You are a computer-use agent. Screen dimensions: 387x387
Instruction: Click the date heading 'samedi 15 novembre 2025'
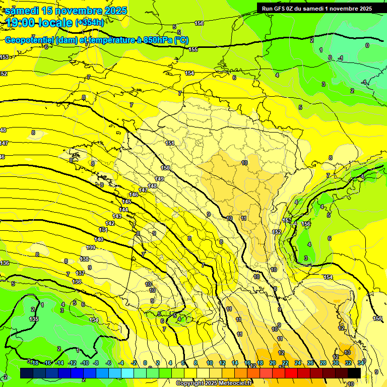coord(66,11)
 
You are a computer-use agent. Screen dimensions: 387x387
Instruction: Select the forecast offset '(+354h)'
coord(90,22)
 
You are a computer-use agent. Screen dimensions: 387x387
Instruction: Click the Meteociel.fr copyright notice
coord(214,383)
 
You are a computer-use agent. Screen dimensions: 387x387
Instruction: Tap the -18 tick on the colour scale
coord(34,363)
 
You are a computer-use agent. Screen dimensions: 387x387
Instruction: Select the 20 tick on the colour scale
coord(273,363)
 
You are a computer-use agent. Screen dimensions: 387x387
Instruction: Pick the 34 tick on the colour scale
coord(361,363)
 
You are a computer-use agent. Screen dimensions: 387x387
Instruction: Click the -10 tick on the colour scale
coord(85,363)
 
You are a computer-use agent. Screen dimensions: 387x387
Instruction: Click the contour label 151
coord(170,143)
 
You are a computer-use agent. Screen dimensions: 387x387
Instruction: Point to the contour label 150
coord(165,168)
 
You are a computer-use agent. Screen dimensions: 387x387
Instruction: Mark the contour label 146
coord(134,195)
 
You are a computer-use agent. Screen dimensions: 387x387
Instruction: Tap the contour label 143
coord(117,216)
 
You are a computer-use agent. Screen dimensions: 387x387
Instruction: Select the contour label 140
coord(99,239)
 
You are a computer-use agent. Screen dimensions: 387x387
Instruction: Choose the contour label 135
coord(34,319)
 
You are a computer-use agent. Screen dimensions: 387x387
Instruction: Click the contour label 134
coord(94,320)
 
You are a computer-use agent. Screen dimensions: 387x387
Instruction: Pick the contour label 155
coord(193,49)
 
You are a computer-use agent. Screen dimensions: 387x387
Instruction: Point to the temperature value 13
coord(347,352)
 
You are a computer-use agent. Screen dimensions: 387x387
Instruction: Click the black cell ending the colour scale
coord(354,373)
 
